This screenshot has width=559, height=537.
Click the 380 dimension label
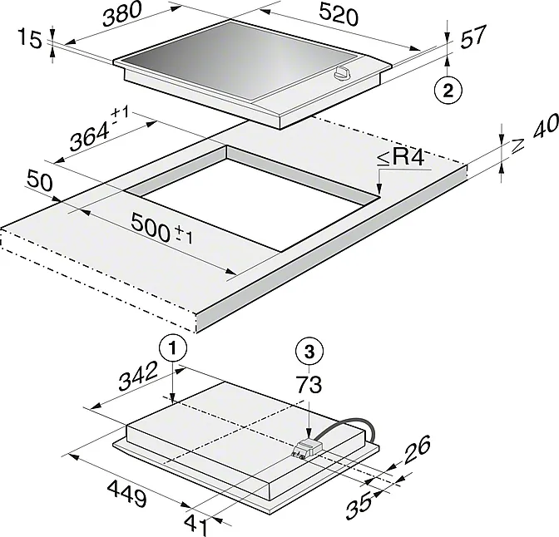tap(122, 15)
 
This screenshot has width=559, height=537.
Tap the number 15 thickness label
tap(30, 38)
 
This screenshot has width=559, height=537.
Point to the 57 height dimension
tap(473, 37)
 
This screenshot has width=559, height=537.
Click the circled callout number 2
tap(448, 90)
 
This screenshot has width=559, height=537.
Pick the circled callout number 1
tap(173, 348)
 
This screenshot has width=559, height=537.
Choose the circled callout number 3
tap(309, 352)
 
